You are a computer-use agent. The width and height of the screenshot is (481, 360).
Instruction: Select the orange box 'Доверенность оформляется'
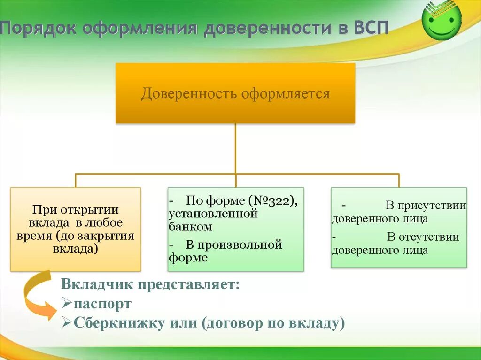pos(235,93)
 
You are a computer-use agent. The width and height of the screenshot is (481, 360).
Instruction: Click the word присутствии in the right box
pos(426,206)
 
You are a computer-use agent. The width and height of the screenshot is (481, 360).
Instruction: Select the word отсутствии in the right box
pos(423,237)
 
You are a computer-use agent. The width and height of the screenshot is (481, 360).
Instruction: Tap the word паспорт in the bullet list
pos(102,304)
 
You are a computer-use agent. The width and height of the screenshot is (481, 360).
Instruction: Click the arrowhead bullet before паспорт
pos(67,304)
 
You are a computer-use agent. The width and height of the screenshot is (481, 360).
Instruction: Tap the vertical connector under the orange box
pos(235,148)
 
